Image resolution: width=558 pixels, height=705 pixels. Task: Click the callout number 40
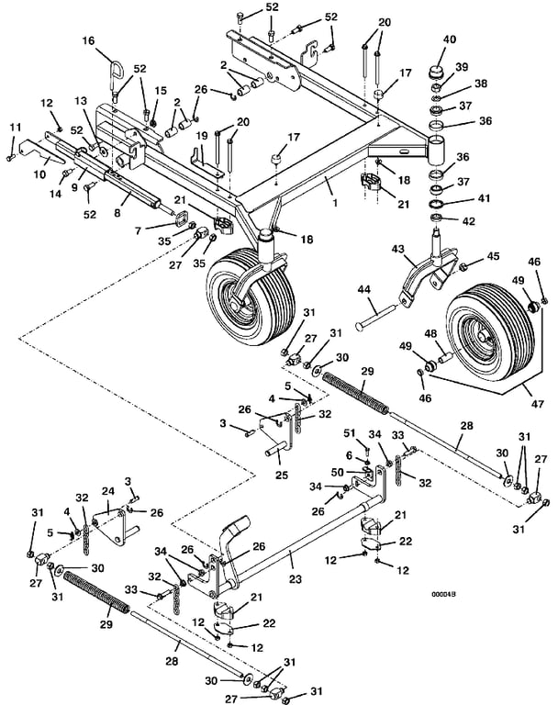coord(449,39)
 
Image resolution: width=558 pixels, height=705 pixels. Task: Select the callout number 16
coord(89,41)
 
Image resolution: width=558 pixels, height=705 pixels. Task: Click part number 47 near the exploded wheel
coord(537,404)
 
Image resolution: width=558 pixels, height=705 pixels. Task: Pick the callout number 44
coord(363,289)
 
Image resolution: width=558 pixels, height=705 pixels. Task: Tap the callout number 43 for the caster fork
coord(398,249)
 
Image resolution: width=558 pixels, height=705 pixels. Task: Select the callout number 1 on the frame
coord(335,203)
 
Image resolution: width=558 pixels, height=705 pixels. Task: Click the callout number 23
coord(295,579)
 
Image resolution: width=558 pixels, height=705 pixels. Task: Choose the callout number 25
coord(282,475)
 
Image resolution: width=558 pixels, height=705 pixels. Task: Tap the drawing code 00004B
coord(444,595)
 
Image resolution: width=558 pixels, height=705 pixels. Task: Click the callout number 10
coord(40,173)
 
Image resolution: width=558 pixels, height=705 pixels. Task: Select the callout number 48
coord(430,333)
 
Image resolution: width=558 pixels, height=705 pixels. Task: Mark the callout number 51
coord(350,433)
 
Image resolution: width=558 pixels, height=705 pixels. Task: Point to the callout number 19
coord(201,135)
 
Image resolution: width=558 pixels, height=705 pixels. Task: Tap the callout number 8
coord(117,211)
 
